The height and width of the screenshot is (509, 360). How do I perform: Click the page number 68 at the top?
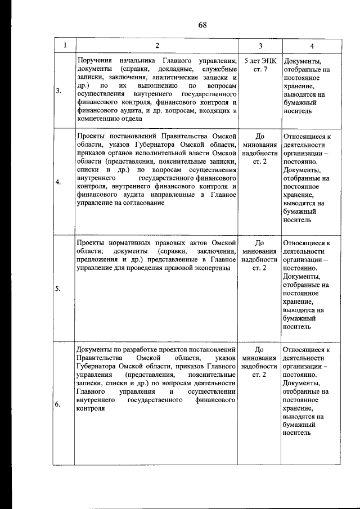(202, 25)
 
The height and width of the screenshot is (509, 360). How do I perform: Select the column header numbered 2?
(157, 46)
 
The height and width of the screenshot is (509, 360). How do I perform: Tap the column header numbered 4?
(312, 46)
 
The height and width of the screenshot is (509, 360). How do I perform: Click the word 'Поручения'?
(94, 61)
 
